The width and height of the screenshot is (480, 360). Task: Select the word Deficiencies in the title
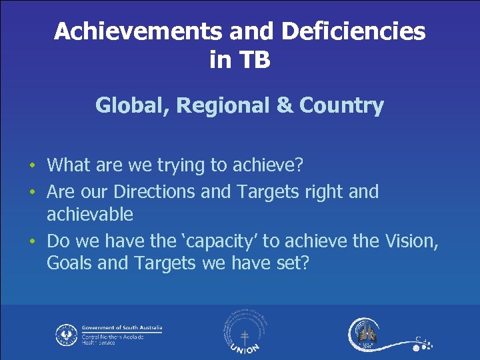tap(354, 31)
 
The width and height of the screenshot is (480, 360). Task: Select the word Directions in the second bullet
tap(155, 192)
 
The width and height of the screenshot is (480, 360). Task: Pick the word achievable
tap(90, 215)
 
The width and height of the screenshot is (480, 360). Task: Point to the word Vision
tap(409, 241)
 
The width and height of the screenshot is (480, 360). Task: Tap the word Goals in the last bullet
tap(70, 263)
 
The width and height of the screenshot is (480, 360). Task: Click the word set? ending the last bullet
tap(292, 263)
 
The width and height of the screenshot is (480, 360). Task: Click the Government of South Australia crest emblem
tap(67, 335)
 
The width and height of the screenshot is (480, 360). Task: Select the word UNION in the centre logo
tap(245, 348)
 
